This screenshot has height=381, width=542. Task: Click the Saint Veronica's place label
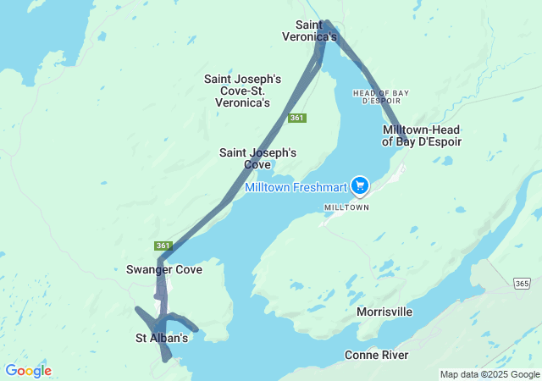point(316,30)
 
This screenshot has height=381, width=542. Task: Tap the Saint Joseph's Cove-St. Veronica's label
point(236,91)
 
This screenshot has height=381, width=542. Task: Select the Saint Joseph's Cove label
point(257,158)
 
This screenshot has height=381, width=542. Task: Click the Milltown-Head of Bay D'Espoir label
point(422,135)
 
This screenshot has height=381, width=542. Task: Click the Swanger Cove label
point(163,270)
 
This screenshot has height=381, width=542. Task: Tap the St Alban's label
point(162,338)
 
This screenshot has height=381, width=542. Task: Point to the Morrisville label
point(384,312)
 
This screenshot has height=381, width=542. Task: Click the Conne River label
point(376,355)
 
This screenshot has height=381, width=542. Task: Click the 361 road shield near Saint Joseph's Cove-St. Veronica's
point(296,118)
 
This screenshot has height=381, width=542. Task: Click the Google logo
point(29,371)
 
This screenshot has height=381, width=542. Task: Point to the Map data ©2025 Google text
point(489,374)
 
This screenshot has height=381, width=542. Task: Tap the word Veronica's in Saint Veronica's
point(316,36)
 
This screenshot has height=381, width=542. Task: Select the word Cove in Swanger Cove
point(188,270)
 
